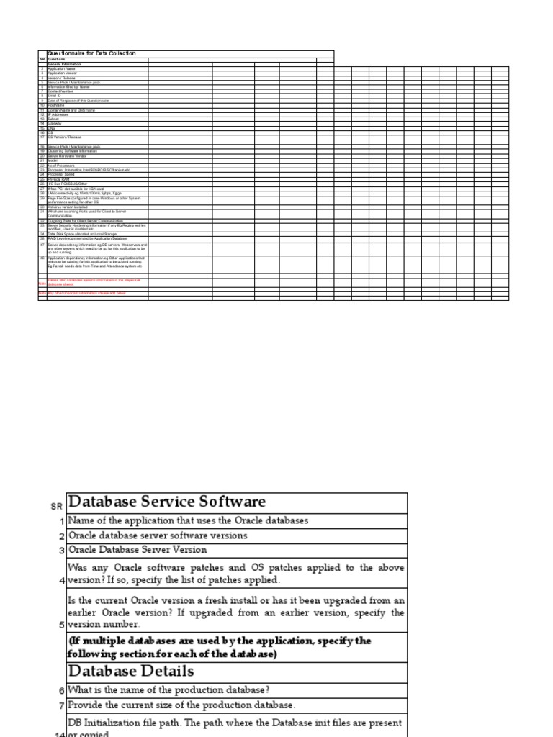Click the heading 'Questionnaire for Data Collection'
point(91,53)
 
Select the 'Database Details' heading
point(130,672)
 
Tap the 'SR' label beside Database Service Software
point(57,507)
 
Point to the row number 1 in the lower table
point(62,521)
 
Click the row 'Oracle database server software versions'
point(158,535)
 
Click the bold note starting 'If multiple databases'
point(220,647)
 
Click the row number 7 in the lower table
point(62,705)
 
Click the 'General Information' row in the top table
point(64,64)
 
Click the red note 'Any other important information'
point(86,294)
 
